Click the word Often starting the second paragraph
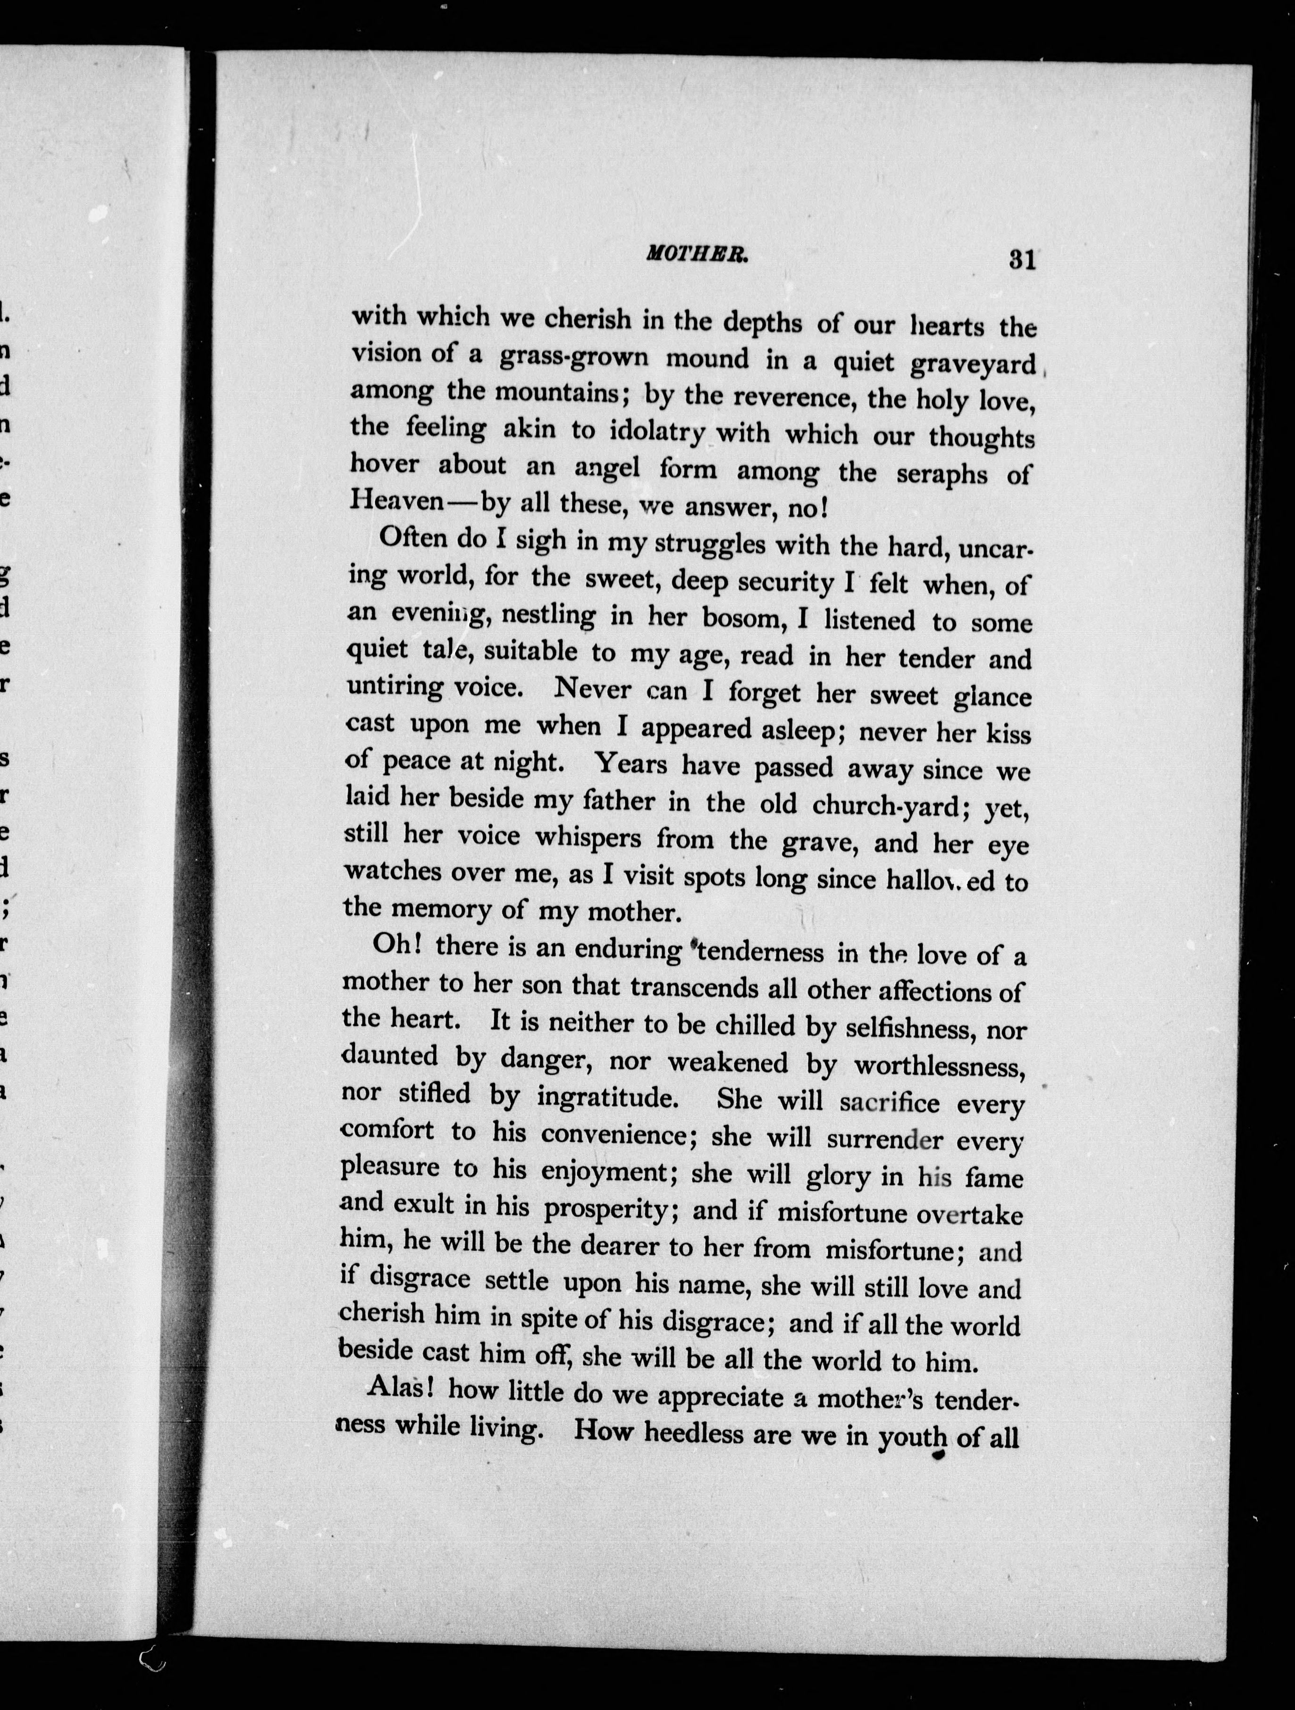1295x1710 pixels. point(413,539)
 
